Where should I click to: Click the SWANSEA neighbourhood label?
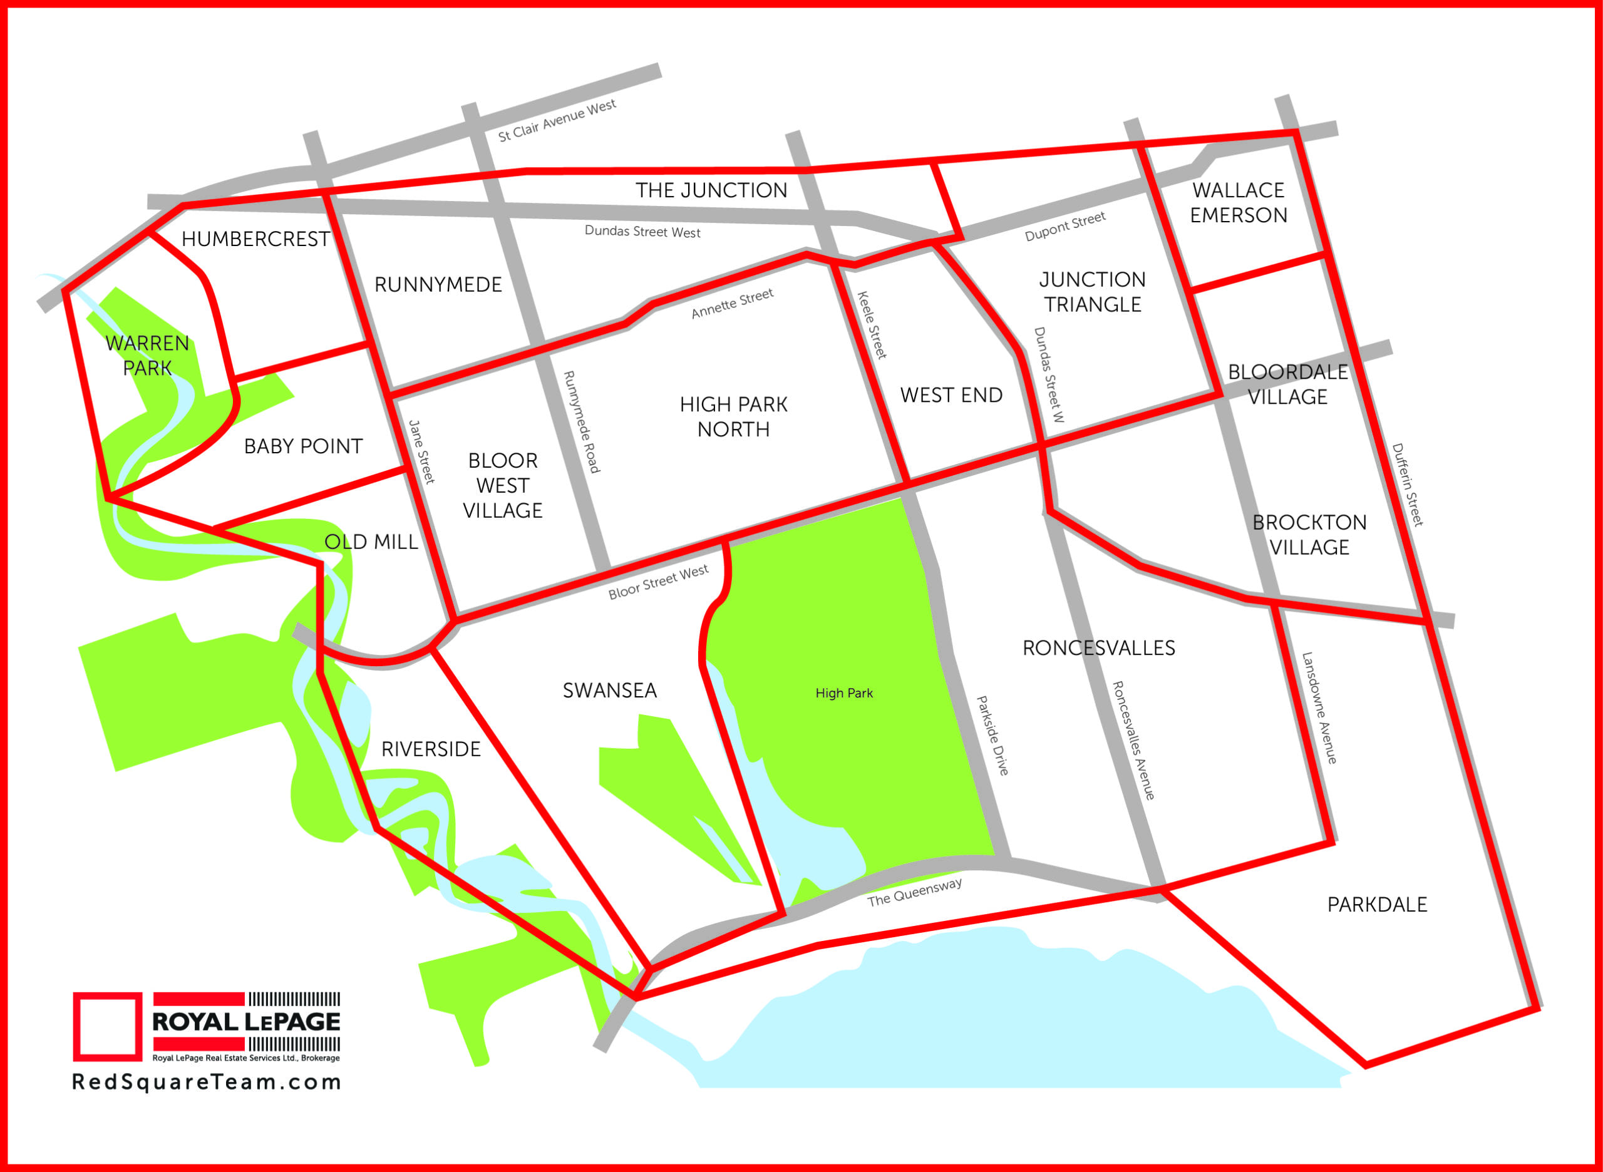[x=609, y=691]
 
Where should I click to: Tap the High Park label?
[x=843, y=693]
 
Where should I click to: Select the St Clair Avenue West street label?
[x=557, y=121]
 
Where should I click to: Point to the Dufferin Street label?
[x=1408, y=485]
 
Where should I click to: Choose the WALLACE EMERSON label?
[x=1239, y=203]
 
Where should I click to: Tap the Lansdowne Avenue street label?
[x=1319, y=708]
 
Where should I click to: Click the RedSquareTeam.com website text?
[x=207, y=1082]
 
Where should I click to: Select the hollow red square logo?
[x=107, y=1027]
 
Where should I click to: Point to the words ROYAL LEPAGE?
[x=246, y=1022]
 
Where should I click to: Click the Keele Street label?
[x=872, y=325]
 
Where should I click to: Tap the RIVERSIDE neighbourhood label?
[x=431, y=749]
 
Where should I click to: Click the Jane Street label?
[x=421, y=453]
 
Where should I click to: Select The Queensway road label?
[x=914, y=892]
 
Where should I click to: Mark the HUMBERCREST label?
[x=255, y=239]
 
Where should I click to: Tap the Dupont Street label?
[x=1064, y=226]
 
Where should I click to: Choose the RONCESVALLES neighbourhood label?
[x=1098, y=648]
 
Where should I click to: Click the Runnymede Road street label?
[x=581, y=421]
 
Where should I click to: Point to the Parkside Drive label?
[x=992, y=735]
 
